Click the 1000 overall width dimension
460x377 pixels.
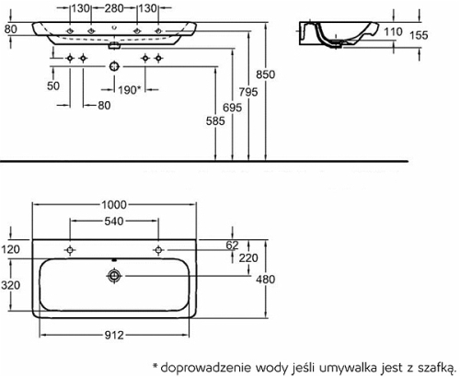(x=114, y=205)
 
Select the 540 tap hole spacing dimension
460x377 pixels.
(x=114, y=222)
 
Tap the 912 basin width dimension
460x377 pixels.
(x=114, y=336)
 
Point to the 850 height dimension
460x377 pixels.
(x=266, y=74)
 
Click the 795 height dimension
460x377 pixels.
(x=248, y=92)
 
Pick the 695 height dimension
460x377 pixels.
(x=233, y=108)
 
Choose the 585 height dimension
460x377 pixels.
(x=215, y=121)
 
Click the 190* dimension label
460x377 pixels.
(x=130, y=90)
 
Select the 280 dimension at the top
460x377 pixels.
(x=114, y=8)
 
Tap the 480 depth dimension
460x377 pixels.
(x=266, y=280)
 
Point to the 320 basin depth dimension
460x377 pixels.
(x=11, y=285)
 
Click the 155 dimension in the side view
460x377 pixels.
(x=419, y=35)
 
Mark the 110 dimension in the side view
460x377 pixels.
(x=393, y=31)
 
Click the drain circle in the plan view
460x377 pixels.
(x=114, y=276)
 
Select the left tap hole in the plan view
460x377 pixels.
(x=70, y=250)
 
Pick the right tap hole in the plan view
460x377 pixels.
(x=158, y=250)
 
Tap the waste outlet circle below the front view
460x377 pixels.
(x=114, y=66)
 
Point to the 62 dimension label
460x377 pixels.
(x=232, y=246)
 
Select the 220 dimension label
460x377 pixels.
(x=248, y=258)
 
